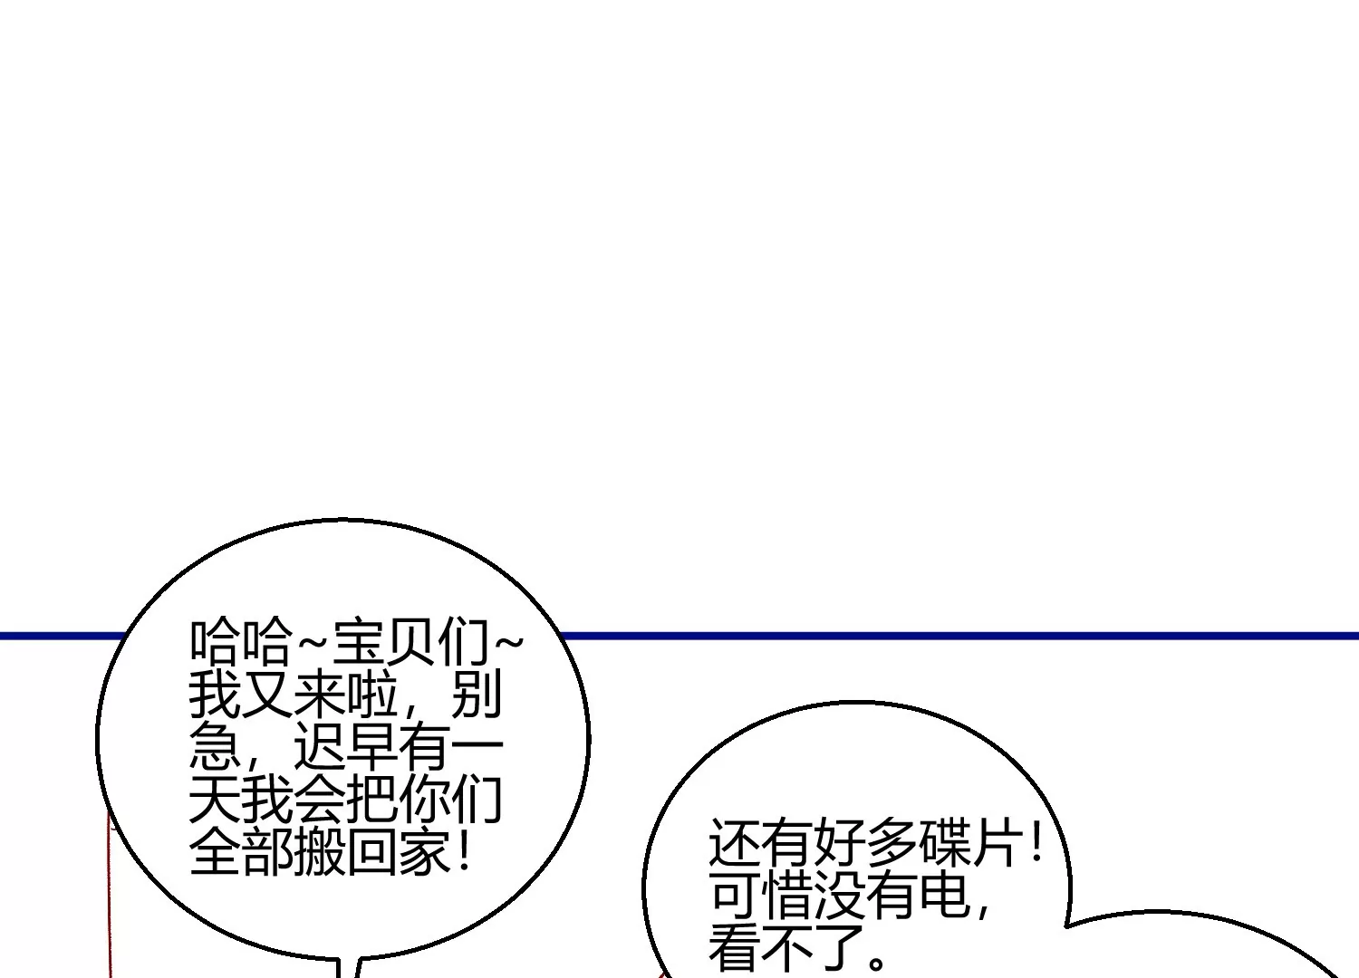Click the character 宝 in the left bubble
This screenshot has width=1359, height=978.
click(359, 641)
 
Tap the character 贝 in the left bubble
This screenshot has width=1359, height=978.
click(410, 641)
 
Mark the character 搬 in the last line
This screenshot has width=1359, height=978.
click(320, 852)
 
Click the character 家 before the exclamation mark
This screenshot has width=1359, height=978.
click(424, 852)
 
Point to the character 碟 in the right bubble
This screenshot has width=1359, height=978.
click(944, 843)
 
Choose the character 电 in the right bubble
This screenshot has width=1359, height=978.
click(944, 896)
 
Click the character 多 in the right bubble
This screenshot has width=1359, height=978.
click(892, 843)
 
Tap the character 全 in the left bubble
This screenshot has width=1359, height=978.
click(216, 852)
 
